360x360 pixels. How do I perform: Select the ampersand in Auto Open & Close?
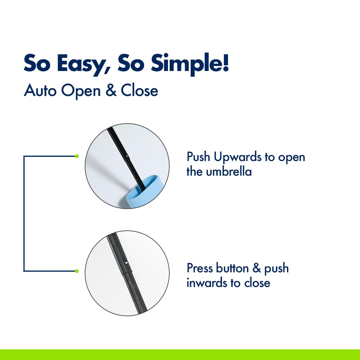[x=111, y=90]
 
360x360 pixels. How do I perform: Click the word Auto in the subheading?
[x=40, y=90]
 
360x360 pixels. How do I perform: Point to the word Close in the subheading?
[x=139, y=90]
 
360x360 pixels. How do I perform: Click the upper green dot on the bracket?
[x=77, y=156]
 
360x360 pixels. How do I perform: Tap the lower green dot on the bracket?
[x=77, y=271]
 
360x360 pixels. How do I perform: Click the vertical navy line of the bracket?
[x=24, y=214]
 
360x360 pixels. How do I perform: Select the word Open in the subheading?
[x=81, y=91]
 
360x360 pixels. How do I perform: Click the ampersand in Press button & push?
[x=256, y=268]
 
